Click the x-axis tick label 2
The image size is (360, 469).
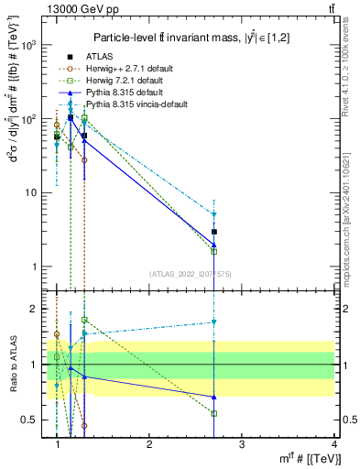pos(149,444)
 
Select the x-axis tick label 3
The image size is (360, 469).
pos(241,444)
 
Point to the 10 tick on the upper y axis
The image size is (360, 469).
pos(32,193)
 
